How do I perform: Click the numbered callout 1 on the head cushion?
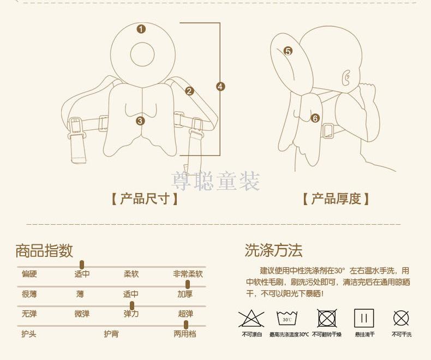[x=141, y=29]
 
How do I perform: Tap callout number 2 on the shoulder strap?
[x=189, y=91]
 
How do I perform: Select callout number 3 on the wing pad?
[x=140, y=121]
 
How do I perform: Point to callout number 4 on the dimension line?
[x=220, y=87]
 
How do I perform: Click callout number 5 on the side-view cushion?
[x=288, y=51]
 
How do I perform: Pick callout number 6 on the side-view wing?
[x=315, y=118]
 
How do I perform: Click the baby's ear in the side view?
[x=346, y=77]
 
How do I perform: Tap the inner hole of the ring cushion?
[x=142, y=55]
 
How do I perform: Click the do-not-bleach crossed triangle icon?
[x=251, y=318]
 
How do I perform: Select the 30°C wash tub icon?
[x=287, y=319]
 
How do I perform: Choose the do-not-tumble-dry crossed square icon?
[x=327, y=318]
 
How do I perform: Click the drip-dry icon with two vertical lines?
[x=364, y=318]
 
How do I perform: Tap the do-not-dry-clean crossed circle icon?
[x=401, y=318]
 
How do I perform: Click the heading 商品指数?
[x=44, y=250]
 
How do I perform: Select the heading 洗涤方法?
[x=273, y=250]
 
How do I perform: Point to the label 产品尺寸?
[x=145, y=199]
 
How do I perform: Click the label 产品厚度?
[x=336, y=199]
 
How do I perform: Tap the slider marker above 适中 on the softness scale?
[x=82, y=265]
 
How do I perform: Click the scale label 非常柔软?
[x=188, y=274]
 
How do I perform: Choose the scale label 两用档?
[x=185, y=334]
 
